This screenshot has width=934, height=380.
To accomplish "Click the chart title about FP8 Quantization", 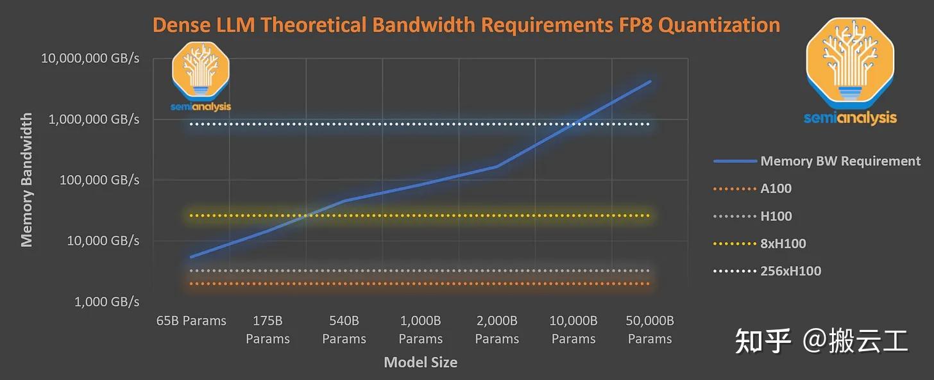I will click(466, 25).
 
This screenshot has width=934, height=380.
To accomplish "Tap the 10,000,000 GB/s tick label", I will click(90, 58).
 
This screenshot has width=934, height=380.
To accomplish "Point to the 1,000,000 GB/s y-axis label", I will click(94, 119).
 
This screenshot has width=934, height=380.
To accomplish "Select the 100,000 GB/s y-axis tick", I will click(99, 180).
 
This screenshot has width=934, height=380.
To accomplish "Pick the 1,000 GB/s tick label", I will click(106, 301).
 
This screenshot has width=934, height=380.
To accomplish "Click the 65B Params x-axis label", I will click(191, 321).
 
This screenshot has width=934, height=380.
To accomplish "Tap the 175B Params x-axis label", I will click(267, 329).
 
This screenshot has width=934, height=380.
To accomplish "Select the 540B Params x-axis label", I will click(344, 329).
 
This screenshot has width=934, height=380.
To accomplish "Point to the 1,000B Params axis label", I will click(421, 329).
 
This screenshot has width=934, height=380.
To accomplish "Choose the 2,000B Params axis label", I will click(497, 329).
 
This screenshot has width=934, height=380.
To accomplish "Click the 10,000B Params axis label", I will click(573, 329).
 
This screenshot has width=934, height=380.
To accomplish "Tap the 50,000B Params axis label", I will click(650, 329).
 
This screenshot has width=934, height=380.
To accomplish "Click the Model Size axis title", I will click(420, 362).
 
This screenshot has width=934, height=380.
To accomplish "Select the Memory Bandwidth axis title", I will click(26, 180).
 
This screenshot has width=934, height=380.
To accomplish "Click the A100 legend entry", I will click(776, 188).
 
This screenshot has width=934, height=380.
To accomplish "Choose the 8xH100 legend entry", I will click(783, 244).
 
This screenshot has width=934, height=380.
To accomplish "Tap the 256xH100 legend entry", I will click(790, 271).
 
